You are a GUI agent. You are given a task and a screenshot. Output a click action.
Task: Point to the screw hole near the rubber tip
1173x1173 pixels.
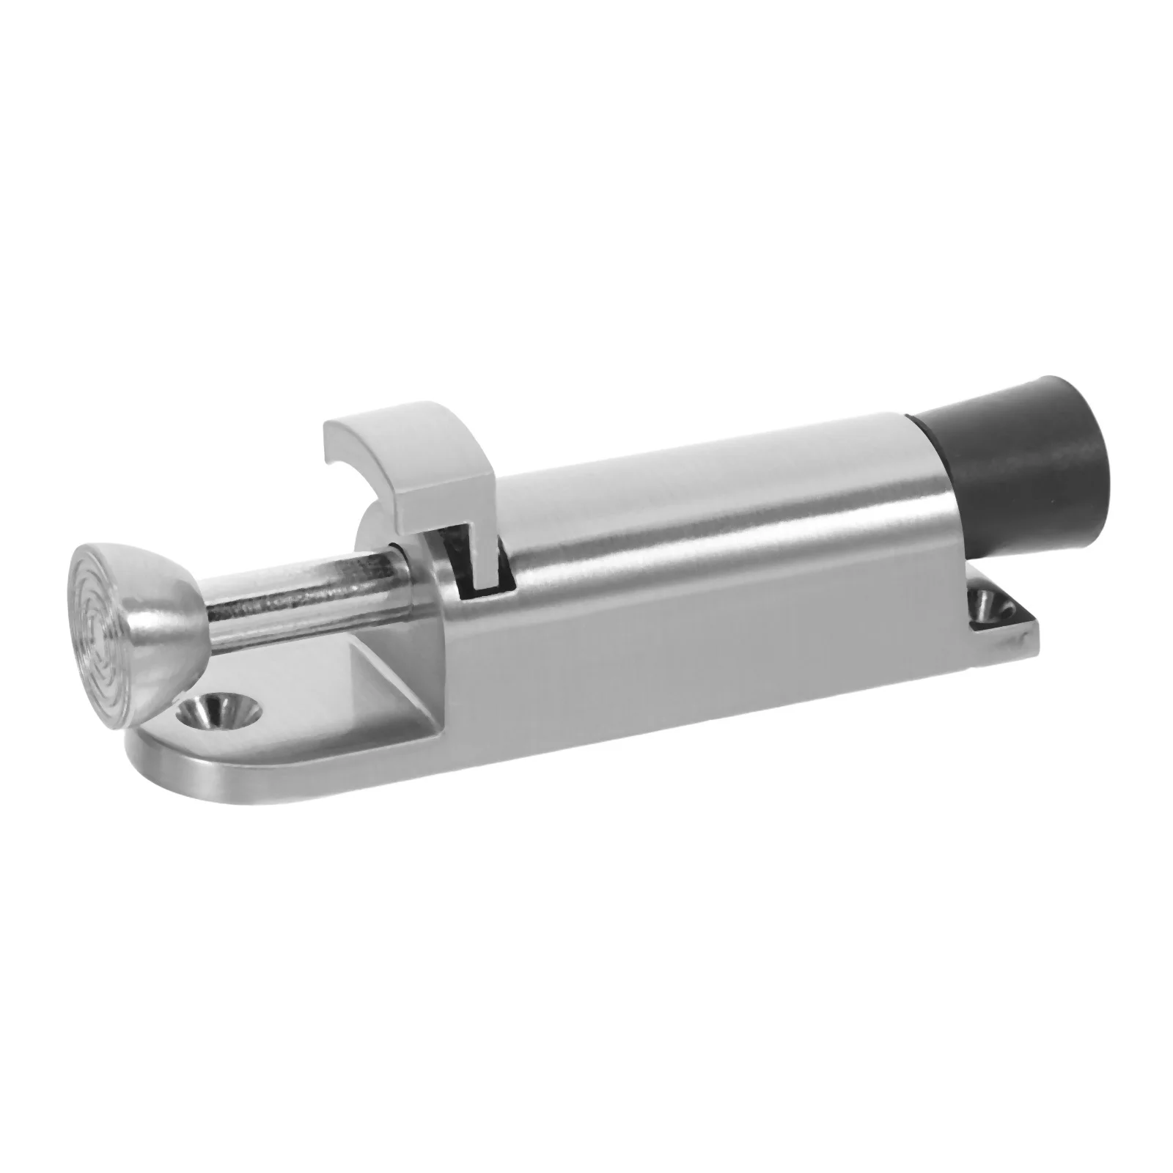(986, 603)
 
